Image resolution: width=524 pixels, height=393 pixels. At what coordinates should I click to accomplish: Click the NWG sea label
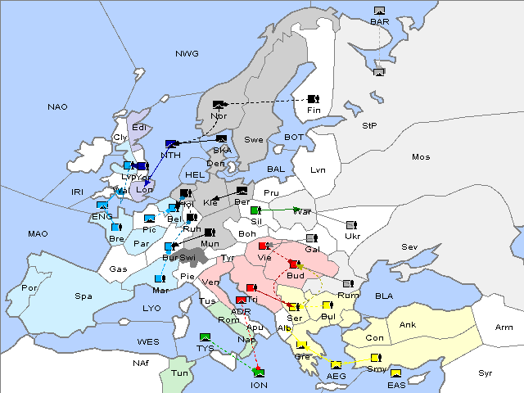coord(187,54)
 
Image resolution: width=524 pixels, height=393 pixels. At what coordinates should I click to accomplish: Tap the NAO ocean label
coord(57,107)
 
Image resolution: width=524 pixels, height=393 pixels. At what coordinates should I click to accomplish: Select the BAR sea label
coord(379,22)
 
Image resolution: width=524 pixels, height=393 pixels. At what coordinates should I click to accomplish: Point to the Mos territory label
coord(421,156)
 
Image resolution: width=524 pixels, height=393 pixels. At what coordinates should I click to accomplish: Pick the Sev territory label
coord(409,246)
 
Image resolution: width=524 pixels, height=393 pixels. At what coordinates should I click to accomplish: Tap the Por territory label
coord(29,288)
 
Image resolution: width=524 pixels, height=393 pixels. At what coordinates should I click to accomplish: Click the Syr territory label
coord(486,373)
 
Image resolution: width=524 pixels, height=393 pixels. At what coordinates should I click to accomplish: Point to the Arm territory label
coord(504,327)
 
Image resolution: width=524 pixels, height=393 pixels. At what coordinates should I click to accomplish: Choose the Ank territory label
coord(407,324)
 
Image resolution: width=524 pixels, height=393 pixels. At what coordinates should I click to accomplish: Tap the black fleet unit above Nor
coord(218,105)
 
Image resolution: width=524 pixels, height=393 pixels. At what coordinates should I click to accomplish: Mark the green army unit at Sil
coord(255,210)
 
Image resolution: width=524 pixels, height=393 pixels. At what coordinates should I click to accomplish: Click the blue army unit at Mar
coord(159,279)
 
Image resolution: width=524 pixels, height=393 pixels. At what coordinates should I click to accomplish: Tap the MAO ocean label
coord(38,234)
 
